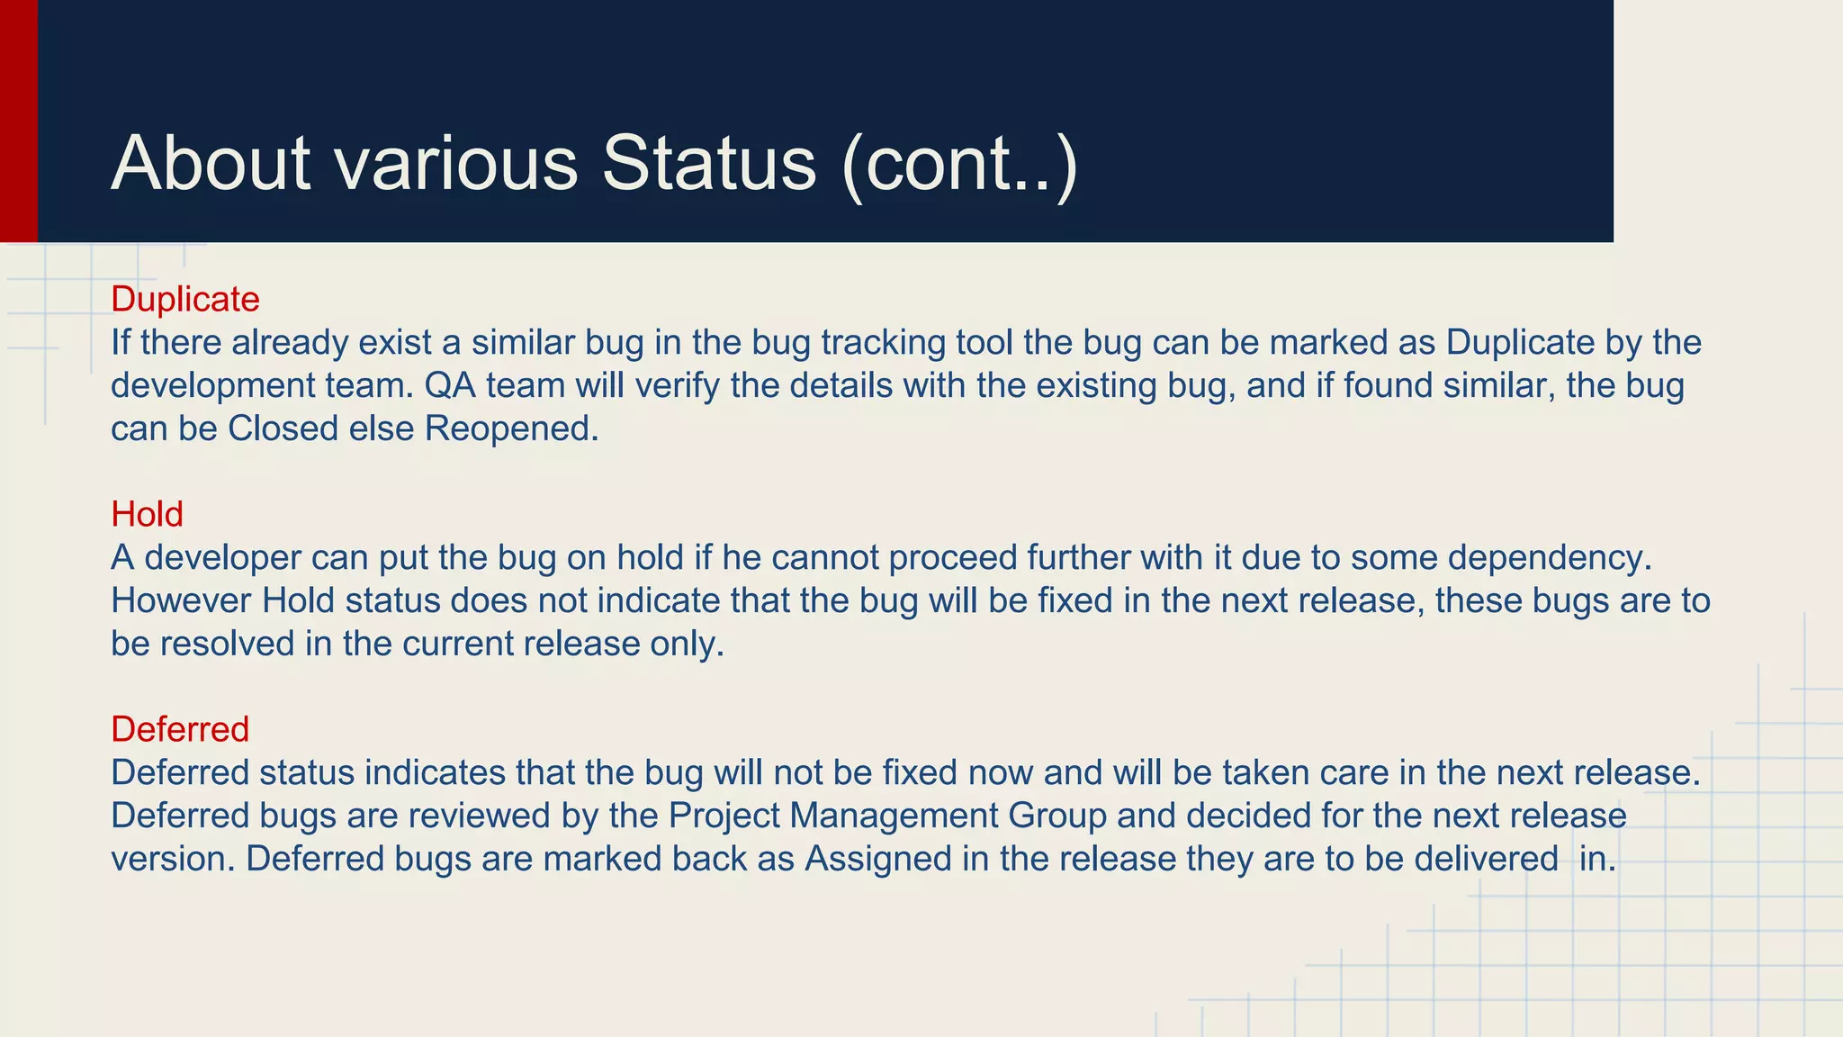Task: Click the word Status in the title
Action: coord(708,163)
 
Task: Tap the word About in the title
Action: coord(211,163)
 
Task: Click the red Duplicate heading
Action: coord(184,299)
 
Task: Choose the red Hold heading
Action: coord(147,514)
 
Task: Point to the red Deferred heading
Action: coord(180,728)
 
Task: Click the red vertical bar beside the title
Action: coord(18,121)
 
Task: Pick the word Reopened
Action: coord(510,428)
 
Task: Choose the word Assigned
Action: coord(877,860)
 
